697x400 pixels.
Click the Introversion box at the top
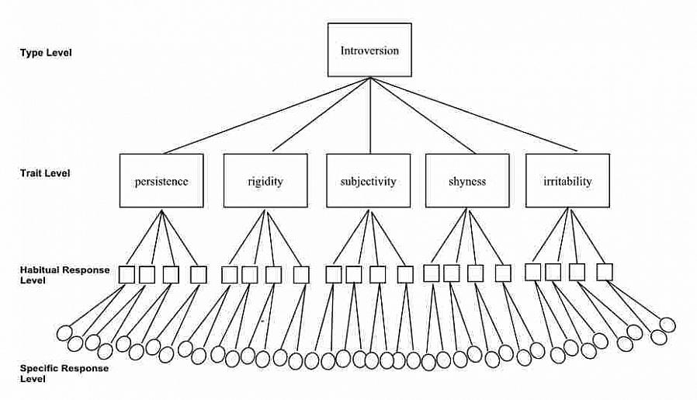369,50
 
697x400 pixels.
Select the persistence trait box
161,181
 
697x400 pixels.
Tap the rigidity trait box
265,181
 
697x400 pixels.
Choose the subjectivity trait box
369,181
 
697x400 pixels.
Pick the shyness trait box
467,181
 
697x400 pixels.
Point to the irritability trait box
567,181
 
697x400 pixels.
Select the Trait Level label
45,173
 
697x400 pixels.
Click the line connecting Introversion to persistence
264,116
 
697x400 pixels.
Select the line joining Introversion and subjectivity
369,116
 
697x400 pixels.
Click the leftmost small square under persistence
127,274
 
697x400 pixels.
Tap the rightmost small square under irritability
605,272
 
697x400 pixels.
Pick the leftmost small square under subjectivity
334,274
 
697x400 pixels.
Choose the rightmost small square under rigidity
301,274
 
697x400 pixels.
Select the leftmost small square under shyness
432,273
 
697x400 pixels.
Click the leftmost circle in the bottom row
65,333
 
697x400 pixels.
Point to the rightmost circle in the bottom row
667,325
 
